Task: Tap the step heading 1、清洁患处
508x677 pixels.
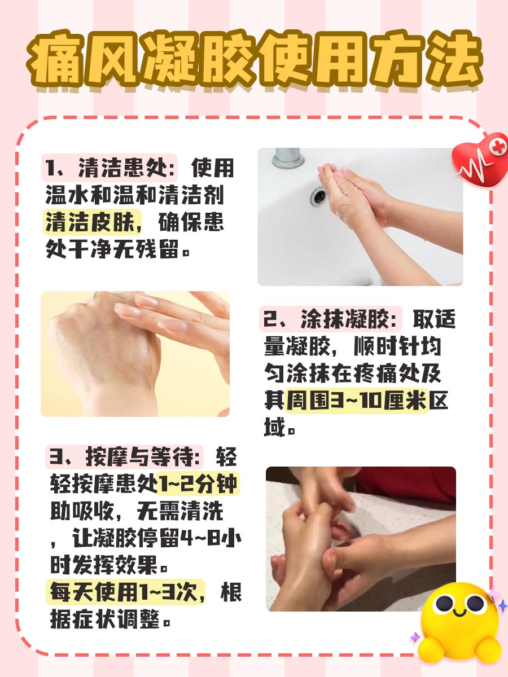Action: (111, 169)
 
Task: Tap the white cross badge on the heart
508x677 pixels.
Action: (497, 147)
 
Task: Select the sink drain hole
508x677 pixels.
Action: (318, 195)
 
